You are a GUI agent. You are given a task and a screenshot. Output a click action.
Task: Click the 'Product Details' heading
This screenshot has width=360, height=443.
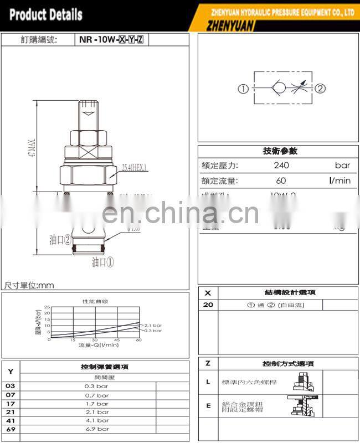[x=46, y=14]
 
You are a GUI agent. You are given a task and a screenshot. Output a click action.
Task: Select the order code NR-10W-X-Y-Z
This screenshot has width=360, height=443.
[x=111, y=40]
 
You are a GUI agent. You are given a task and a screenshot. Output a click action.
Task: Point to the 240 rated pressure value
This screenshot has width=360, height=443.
[x=281, y=165]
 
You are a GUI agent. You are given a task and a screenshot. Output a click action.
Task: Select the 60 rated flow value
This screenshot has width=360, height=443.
[x=281, y=181]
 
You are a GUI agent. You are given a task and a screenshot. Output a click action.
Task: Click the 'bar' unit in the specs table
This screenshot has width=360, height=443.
[x=342, y=165]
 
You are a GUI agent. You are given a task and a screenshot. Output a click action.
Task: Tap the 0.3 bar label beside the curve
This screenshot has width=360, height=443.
[x=153, y=331]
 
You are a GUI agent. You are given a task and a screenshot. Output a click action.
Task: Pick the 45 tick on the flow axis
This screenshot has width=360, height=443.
[x=117, y=339]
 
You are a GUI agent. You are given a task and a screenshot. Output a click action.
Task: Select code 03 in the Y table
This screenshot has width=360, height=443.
[x=11, y=387]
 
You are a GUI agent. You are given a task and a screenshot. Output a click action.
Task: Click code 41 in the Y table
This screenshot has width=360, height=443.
[x=11, y=420]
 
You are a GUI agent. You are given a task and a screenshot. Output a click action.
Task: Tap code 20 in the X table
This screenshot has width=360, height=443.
[x=208, y=305]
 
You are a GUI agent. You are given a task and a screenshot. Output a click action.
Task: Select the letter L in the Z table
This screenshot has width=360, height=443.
[x=208, y=382]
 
